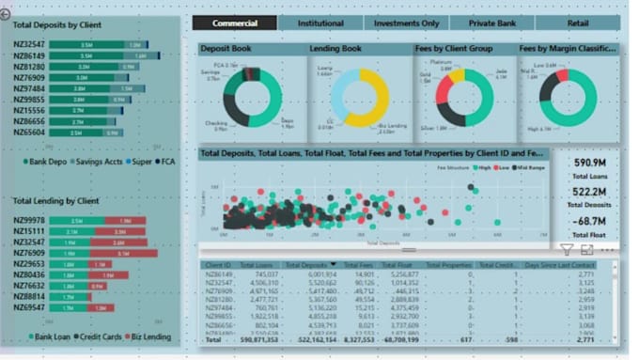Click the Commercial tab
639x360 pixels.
(x=235, y=23)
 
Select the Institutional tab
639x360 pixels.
(x=320, y=23)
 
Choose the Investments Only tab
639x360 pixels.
(x=405, y=23)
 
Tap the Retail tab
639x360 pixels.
(x=577, y=23)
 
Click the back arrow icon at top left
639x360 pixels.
(x=6, y=14)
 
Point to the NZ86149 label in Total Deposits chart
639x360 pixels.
(x=28, y=56)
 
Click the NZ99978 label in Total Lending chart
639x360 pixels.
(x=28, y=221)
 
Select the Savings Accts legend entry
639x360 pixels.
(x=100, y=162)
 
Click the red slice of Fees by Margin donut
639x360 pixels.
(x=562, y=75)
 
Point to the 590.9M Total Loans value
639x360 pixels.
(x=588, y=164)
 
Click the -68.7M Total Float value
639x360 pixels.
(x=588, y=221)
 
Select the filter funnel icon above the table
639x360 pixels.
(x=567, y=250)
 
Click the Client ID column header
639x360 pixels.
(x=219, y=266)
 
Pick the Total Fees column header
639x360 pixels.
(x=358, y=266)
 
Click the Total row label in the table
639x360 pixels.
(x=213, y=339)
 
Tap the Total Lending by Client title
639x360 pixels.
(x=55, y=201)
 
